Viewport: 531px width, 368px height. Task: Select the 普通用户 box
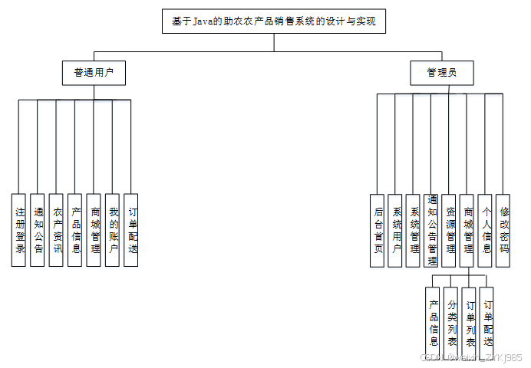pos(94,74)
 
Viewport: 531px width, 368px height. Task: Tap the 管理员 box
pos(442,74)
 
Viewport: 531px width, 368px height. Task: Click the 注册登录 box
pos(19,230)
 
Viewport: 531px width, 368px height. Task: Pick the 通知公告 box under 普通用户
pos(38,230)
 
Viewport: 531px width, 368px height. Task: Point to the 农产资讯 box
pos(56,230)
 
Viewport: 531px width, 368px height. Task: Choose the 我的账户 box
pos(112,230)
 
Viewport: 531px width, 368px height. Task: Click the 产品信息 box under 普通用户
pos(75,230)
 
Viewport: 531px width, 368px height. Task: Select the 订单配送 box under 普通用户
pos(131,230)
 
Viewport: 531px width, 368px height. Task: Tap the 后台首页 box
pos(377,230)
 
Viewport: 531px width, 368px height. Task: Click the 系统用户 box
pos(395,230)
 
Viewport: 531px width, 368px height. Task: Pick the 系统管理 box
pos(414,230)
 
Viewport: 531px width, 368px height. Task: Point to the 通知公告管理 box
pos(431,230)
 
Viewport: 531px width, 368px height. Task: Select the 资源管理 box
pos(450,230)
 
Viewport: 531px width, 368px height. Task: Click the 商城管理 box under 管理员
pos(467,230)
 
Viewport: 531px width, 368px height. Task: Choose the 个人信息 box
pos(485,230)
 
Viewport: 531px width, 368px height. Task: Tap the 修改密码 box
pos(503,230)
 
